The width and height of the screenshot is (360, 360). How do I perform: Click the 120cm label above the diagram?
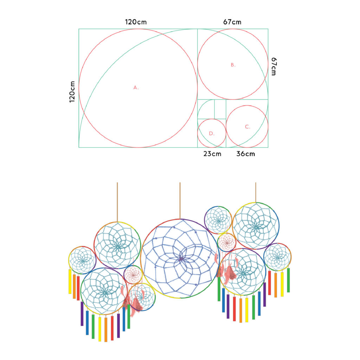pyautogui.click(x=136, y=22)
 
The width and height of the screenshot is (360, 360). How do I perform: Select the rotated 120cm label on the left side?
pyautogui.click(x=72, y=92)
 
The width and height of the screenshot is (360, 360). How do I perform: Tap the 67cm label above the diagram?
pyautogui.click(x=232, y=22)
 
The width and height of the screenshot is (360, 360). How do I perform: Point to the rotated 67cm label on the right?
pyautogui.click(x=274, y=66)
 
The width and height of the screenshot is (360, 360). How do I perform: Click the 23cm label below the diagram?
pyautogui.click(x=212, y=154)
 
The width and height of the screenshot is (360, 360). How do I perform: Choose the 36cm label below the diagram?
pyautogui.click(x=245, y=154)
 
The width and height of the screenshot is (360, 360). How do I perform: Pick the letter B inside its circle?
pyautogui.click(x=233, y=65)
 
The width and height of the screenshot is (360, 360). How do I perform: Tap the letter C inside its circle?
pyautogui.click(x=247, y=127)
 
